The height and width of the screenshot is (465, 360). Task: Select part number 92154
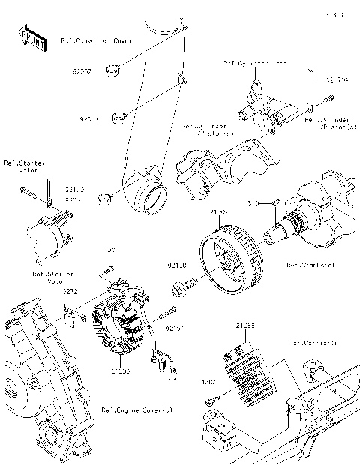pyautogui.click(x=174, y=328)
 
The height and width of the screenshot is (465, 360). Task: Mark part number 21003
pyautogui.click(x=121, y=370)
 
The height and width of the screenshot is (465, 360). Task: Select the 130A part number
pyautogui.click(x=209, y=382)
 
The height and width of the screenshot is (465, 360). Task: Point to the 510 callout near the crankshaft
pyautogui.click(x=253, y=202)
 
